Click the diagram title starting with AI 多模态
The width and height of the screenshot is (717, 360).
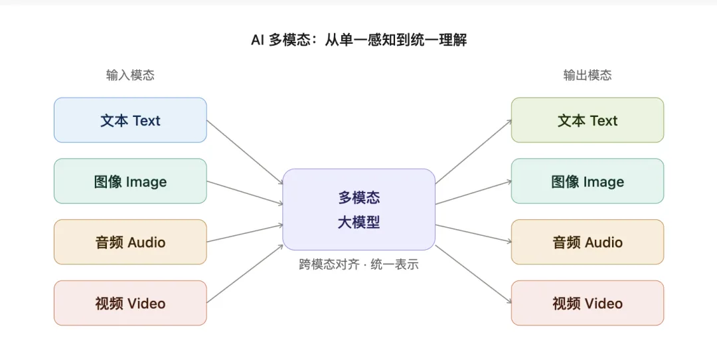pos(359,41)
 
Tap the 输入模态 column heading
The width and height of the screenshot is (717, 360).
pos(130,75)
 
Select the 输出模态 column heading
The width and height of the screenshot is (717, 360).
pos(588,75)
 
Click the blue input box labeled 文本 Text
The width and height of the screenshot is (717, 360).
pos(130,120)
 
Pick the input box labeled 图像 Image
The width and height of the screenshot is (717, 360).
pos(130,181)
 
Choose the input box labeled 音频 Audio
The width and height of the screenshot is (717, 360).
pos(130,242)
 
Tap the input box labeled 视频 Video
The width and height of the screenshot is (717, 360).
pos(130,303)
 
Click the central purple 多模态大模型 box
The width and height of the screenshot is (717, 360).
pos(359,209)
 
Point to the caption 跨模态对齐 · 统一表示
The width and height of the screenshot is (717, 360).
pos(359,264)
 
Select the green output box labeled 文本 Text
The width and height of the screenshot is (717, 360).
pos(588,120)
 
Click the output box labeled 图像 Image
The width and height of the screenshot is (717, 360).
pos(588,181)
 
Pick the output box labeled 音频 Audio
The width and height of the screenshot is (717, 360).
pos(588,242)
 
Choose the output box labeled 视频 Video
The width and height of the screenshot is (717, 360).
pos(588,303)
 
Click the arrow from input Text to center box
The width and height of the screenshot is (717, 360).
pos(244,152)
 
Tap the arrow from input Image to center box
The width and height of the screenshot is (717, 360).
pos(244,193)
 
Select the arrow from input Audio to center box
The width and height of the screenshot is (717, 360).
pos(244,233)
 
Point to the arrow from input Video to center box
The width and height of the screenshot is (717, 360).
pos(244,274)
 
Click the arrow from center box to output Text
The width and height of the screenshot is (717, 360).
pos(473,152)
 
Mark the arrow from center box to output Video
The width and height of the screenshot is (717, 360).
pos(473,274)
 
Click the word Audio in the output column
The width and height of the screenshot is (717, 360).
pos(604,242)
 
